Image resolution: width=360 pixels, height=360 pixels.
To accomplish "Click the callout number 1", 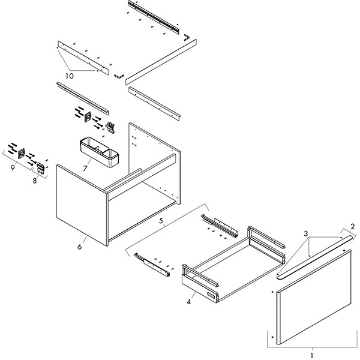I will (x=311, y=355).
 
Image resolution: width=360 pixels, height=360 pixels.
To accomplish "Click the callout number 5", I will (x=161, y=221).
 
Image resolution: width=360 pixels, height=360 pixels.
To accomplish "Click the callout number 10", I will (x=69, y=76).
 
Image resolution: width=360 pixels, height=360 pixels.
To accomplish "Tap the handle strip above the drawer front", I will (x=312, y=255).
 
